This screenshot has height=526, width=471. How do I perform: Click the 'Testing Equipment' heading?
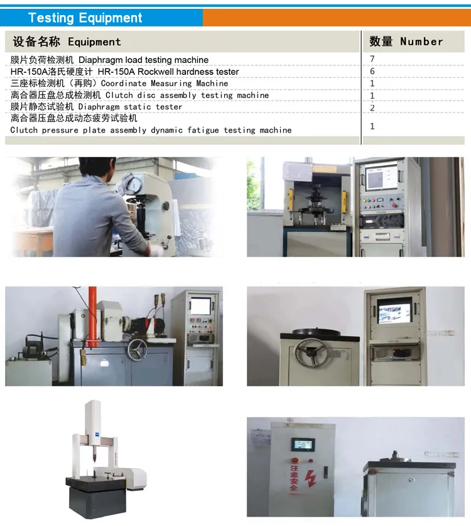[x=85, y=18]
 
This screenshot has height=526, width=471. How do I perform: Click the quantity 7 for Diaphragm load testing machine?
[x=372, y=59]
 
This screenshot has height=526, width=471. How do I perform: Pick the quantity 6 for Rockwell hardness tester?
[x=372, y=71]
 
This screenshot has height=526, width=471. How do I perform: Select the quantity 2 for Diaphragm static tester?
[x=372, y=107]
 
